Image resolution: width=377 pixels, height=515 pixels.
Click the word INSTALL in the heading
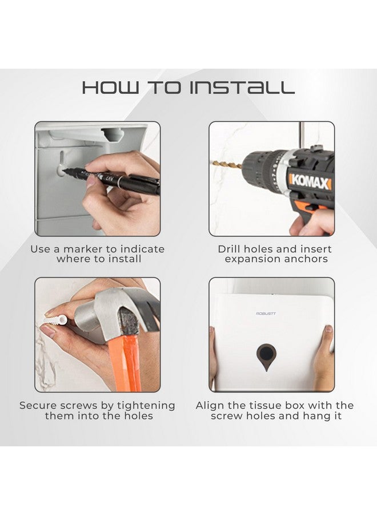(x=242, y=88)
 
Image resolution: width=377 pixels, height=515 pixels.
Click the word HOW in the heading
(x=110, y=88)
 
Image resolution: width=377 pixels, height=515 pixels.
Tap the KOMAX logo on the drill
(x=310, y=181)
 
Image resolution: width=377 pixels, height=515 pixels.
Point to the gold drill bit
(x=227, y=164)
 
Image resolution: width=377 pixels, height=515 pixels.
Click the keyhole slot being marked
(x=61, y=164)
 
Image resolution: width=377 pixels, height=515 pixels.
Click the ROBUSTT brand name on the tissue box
(x=266, y=314)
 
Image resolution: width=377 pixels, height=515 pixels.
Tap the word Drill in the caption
(x=230, y=249)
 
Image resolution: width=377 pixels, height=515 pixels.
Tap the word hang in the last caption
(x=316, y=417)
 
